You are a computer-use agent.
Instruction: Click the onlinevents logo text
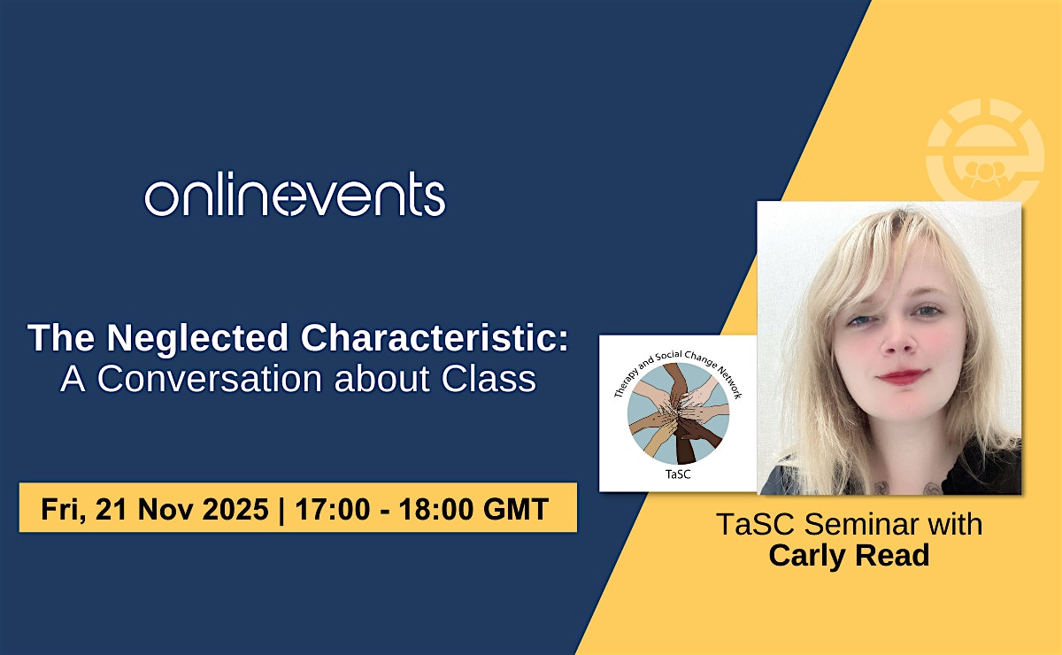coord(295,195)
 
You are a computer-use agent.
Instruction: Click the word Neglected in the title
coord(197,338)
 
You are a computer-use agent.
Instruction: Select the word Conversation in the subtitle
coord(210,379)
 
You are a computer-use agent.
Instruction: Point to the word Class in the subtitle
coord(489,379)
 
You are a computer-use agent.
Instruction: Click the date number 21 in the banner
coord(111,509)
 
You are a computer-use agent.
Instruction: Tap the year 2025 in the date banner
coord(235,509)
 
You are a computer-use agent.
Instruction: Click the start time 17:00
coord(333,509)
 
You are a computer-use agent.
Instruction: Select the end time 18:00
coord(435,509)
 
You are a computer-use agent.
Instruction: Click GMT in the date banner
coord(516,509)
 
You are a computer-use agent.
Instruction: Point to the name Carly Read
coord(849,555)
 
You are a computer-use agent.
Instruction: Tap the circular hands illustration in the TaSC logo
coord(679,413)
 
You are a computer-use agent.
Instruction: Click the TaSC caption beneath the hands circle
coord(678,474)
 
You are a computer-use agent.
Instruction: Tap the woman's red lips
coord(902,376)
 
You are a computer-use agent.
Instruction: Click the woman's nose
coord(899,343)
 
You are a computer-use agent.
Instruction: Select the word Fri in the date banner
coord(63,510)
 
